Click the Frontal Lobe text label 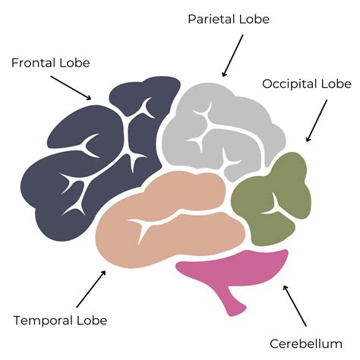tap(49, 61)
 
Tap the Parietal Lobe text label tap(229, 18)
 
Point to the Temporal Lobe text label tap(60, 321)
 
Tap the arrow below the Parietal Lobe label tap(233, 55)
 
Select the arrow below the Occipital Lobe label tap(317, 121)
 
